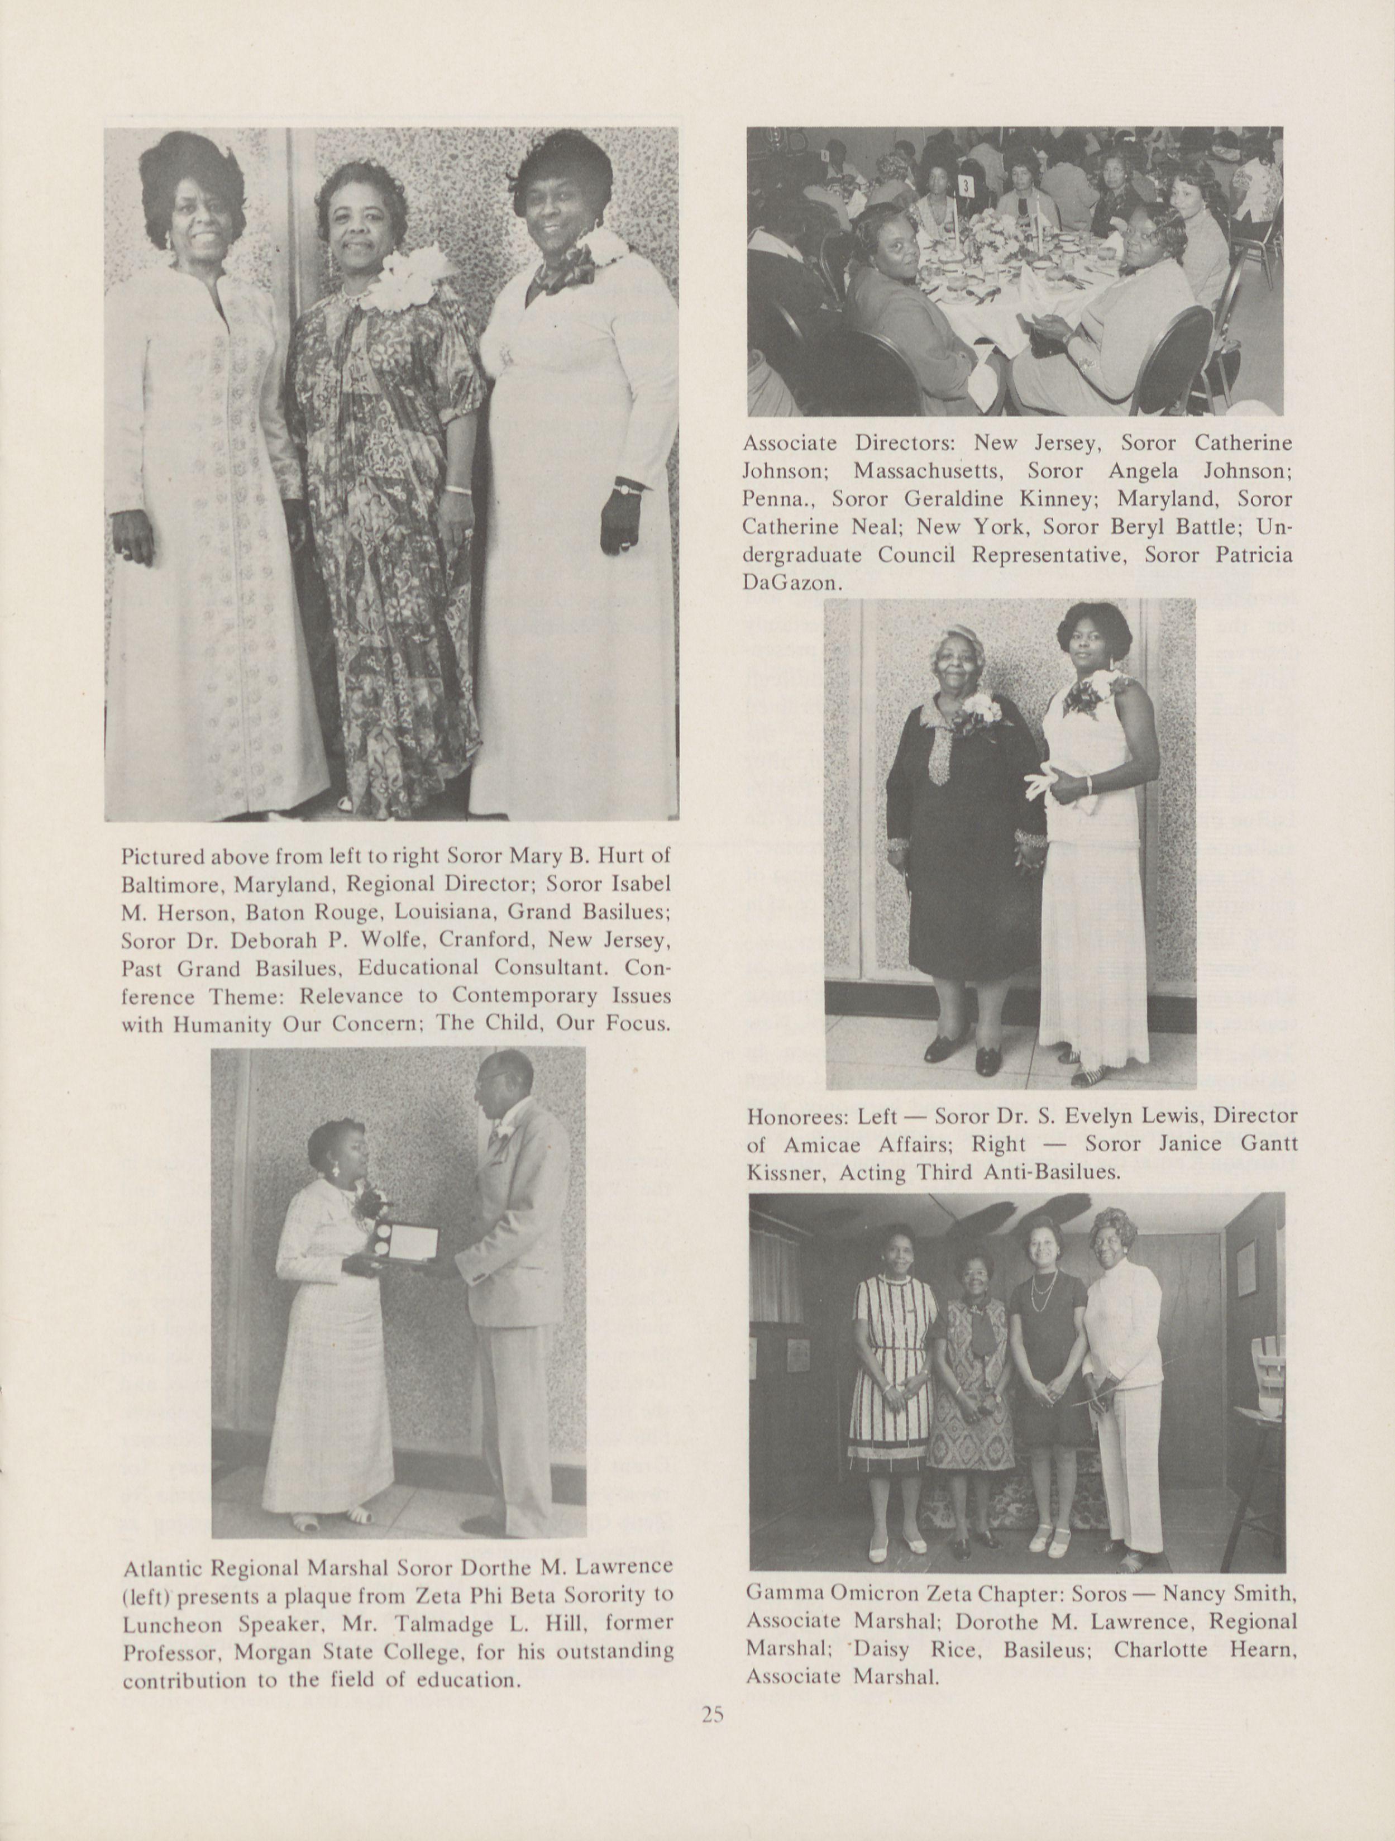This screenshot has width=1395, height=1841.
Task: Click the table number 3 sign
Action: pyautogui.click(x=966, y=185)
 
